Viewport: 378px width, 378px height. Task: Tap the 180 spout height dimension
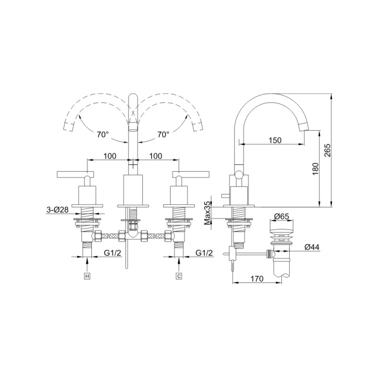[315, 169]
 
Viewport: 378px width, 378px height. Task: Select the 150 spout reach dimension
[275, 140]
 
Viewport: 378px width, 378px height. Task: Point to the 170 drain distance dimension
[257, 279]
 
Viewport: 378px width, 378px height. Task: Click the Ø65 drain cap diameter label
[281, 216]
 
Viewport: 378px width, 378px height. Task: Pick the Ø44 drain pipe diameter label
[312, 247]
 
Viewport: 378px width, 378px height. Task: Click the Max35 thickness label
[207, 213]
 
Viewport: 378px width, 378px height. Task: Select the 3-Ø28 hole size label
[57, 209]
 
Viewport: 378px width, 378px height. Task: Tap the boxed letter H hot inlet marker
[87, 276]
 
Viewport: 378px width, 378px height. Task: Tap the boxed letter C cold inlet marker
[178, 276]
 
